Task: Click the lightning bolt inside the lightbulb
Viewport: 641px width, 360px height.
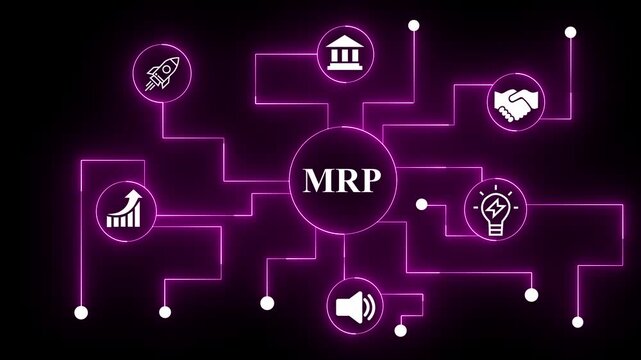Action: tap(494, 208)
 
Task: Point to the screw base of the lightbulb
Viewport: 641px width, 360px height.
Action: tap(494, 230)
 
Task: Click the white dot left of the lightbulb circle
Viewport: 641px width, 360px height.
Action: tap(421, 205)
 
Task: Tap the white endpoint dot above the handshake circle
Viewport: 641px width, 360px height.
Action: tap(570, 32)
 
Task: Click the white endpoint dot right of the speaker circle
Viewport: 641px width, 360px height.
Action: tap(399, 329)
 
